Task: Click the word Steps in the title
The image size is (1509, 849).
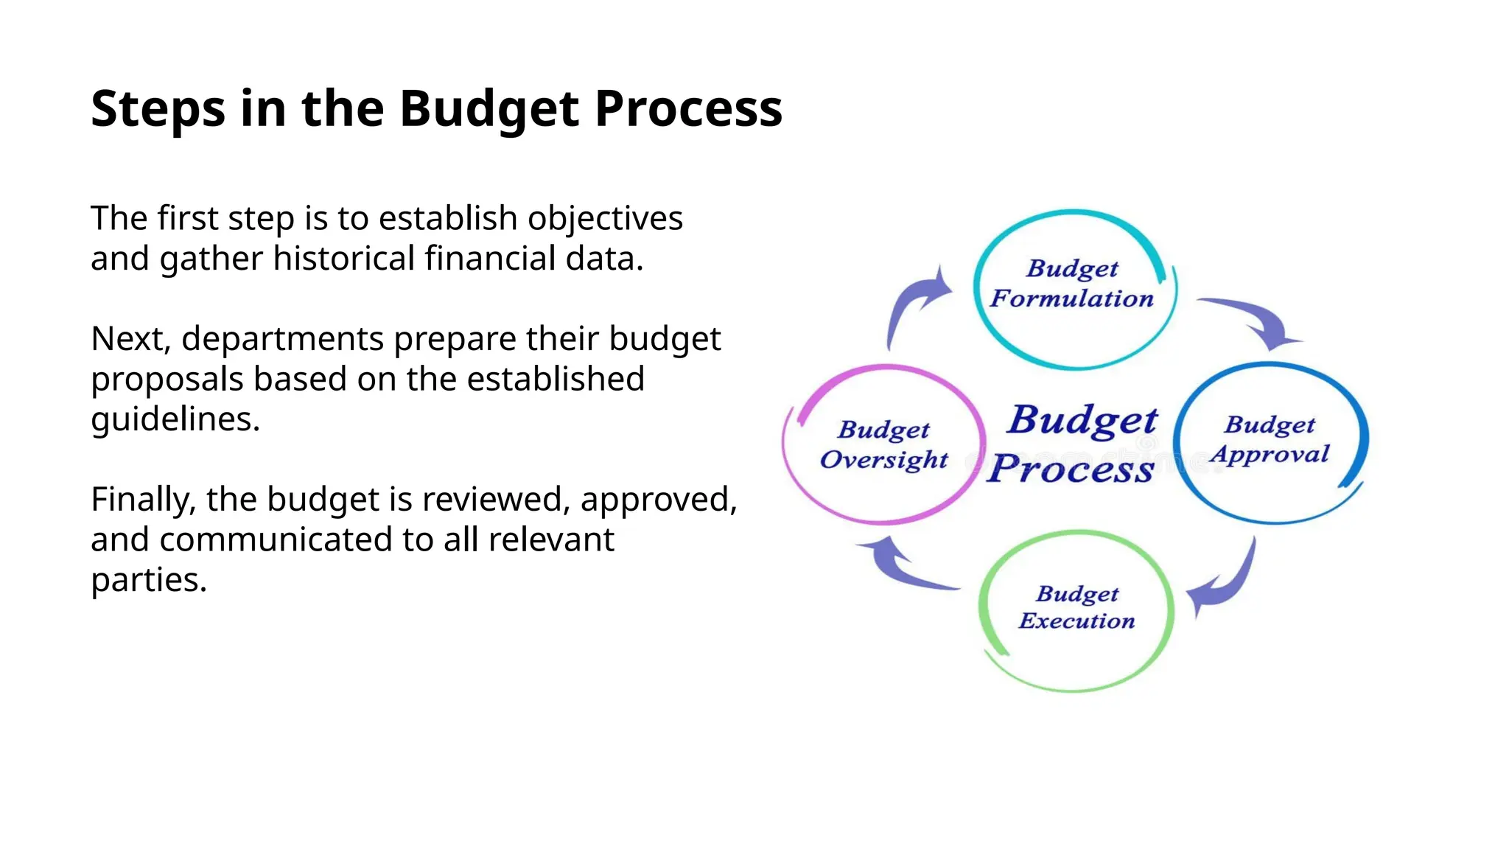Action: (158, 109)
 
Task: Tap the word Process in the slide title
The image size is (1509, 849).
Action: (688, 109)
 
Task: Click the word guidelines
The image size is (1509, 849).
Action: (175, 419)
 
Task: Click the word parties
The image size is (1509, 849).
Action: (149, 580)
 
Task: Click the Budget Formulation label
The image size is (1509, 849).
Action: (1073, 284)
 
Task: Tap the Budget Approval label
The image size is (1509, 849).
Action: (1270, 440)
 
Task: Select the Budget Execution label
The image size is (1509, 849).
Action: (1076, 608)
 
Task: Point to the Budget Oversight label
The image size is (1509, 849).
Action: (883, 444)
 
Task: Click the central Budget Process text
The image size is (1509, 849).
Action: (1076, 444)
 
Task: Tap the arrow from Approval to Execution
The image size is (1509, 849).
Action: (1227, 582)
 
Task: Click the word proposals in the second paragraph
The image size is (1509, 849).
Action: (167, 380)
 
